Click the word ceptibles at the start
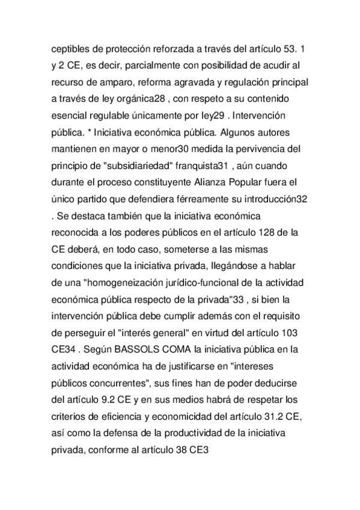point(68,48)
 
